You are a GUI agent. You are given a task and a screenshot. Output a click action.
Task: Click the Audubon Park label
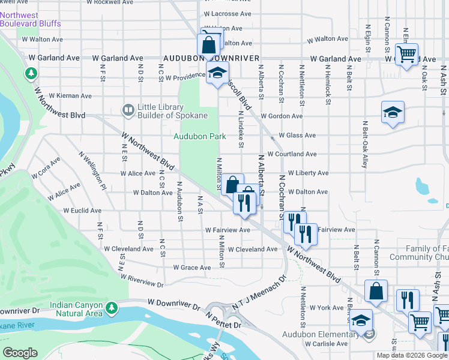(x=200, y=136)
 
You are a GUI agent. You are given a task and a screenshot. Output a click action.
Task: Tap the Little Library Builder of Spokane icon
(x=128, y=110)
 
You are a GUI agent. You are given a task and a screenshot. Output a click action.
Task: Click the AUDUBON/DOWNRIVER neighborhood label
(x=211, y=58)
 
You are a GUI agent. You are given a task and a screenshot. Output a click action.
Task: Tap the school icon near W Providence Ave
(x=216, y=75)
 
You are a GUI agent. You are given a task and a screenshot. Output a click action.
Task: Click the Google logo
(x=20, y=353)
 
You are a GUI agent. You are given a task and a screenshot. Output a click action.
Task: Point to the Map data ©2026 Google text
(x=411, y=355)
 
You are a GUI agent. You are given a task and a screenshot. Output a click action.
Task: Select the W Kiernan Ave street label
(x=70, y=95)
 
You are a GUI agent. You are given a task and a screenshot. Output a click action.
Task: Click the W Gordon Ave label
(x=282, y=116)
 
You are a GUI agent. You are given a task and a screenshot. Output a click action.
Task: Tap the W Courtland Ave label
(x=292, y=154)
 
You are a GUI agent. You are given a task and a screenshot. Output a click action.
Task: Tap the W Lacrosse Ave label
(x=228, y=13)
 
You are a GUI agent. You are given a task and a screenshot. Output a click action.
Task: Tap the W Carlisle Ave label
(x=326, y=344)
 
